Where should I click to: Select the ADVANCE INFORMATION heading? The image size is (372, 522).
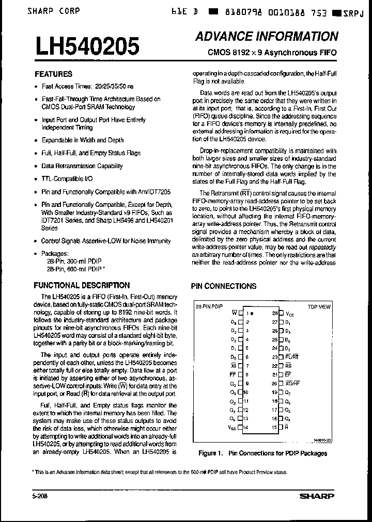pos(267,36)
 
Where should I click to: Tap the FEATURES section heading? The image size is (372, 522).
pos(53,74)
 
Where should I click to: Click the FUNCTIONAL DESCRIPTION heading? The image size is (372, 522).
pos(82,285)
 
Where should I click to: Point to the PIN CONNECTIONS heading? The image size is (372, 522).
pos(224,286)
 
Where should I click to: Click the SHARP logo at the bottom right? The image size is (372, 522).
pos(317,496)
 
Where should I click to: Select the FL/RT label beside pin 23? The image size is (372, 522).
pos(292,357)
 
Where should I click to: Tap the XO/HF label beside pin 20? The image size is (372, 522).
pos(293,383)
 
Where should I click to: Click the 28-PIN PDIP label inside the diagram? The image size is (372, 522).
pos(209,306)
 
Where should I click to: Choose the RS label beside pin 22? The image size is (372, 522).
pos(288,366)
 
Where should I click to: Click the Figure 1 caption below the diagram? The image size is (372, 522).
pos(262,453)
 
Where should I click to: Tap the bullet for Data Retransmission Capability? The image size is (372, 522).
pos(36,167)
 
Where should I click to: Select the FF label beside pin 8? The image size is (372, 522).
pos(234,374)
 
